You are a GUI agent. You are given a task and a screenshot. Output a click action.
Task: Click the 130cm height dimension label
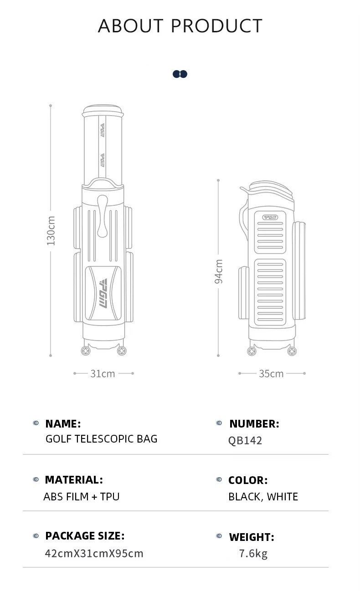(51, 230)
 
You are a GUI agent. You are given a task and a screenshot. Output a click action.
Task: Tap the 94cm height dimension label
(218, 271)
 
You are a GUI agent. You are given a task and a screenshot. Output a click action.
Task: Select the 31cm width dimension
(103, 374)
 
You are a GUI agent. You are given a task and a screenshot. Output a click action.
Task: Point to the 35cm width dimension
(271, 374)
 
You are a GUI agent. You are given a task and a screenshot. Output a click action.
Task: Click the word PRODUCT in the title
(216, 26)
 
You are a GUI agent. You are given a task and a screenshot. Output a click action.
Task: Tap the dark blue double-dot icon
(180, 74)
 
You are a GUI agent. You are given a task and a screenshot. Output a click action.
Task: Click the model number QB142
(245, 441)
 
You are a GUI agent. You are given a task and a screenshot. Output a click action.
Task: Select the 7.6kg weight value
(253, 554)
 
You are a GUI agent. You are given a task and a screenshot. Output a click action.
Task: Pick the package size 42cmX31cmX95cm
(94, 554)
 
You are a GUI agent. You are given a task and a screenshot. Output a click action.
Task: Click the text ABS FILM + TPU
(82, 497)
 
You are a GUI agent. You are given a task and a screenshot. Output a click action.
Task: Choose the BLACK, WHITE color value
(263, 497)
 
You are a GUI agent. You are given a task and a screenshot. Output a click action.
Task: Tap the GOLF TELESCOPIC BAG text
(102, 439)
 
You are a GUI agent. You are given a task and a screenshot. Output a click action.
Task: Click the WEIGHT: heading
(252, 537)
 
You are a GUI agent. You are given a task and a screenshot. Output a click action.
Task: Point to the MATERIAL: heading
(74, 479)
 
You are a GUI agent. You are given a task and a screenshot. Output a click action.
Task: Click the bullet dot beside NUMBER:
(219, 423)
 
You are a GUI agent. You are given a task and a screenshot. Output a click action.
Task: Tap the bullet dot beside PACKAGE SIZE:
(36, 536)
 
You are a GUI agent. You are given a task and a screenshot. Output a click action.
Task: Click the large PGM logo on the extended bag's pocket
(103, 293)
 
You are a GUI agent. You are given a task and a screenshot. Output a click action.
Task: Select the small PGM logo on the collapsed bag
(270, 217)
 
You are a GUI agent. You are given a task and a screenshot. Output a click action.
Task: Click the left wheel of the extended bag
(86, 351)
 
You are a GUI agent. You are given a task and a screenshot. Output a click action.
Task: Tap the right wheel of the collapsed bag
(292, 351)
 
